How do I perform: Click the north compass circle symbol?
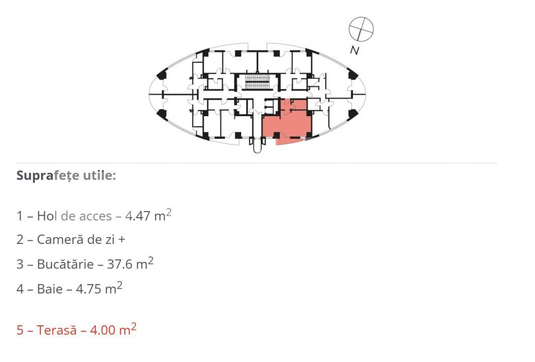coord(361,29)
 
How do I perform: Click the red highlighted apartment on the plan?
coord(289,120)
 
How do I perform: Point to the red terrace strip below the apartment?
coord(291,141)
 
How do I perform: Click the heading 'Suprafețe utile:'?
coord(66,176)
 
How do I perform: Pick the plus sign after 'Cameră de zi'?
coord(122,240)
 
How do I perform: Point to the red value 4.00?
coord(103,331)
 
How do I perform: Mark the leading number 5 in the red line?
coord(20,331)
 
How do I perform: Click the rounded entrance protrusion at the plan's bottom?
coord(257,145)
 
